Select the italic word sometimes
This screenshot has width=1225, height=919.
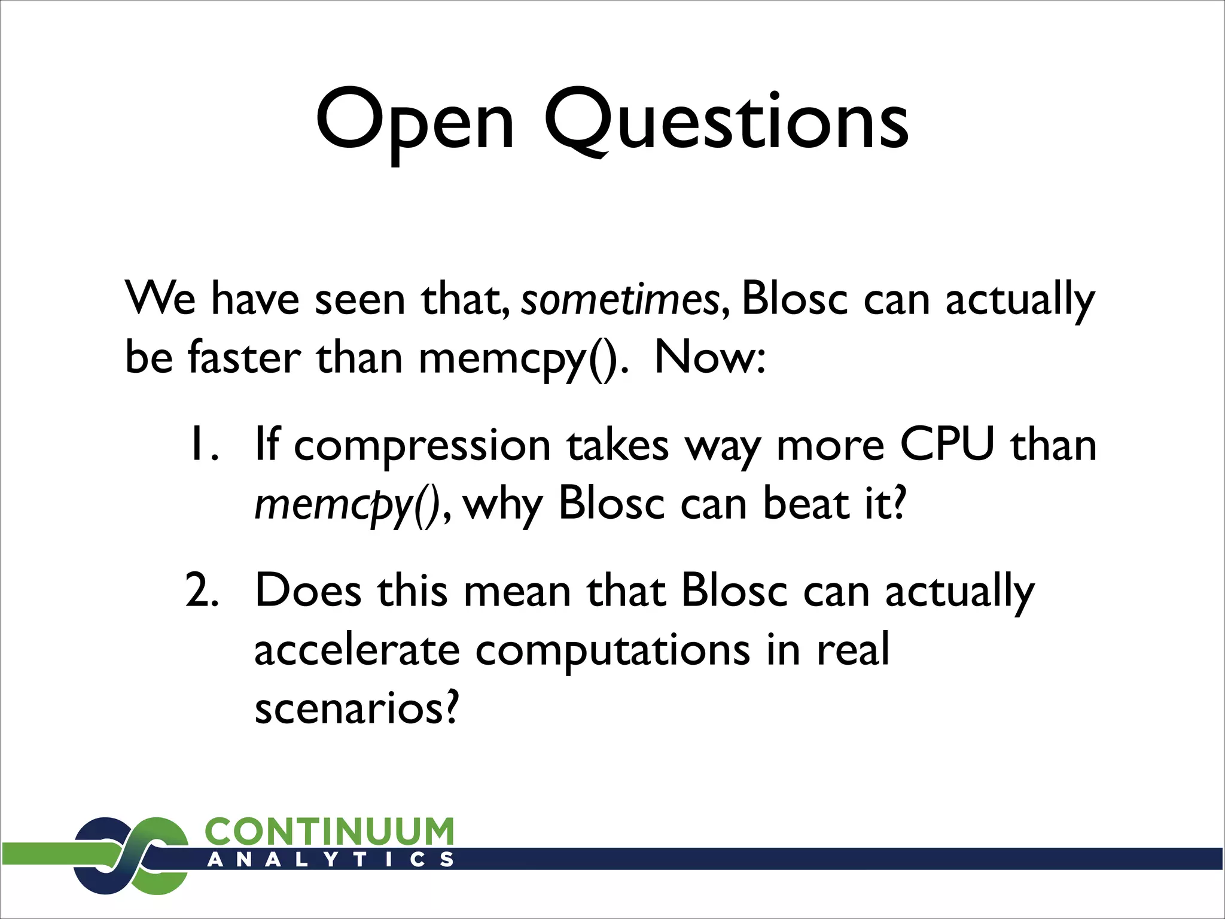pyautogui.click(x=620, y=299)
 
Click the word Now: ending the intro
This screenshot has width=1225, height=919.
pyautogui.click(x=709, y=357)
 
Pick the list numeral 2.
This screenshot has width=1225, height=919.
pyautogui.click(x=202, y=590)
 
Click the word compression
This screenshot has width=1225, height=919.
pyautogui.click(x=422, y=446)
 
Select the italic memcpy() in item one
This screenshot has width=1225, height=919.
pyautogui.click(x=347, y=504)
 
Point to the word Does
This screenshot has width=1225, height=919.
pyautogui.click(x=308, y=590)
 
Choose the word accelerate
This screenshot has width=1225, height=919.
pyautogui.click(x=357, y=650)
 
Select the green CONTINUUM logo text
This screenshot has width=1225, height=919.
pyautogui.click(x=329, y=832)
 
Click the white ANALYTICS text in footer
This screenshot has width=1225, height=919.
pyautogui.click(x=330, y=860)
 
